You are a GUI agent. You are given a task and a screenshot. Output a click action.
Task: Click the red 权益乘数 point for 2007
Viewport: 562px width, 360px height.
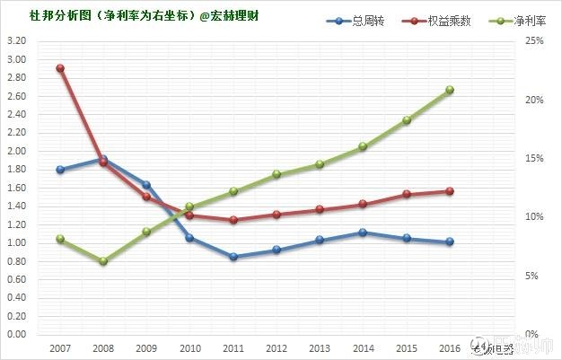click(x=60, y=68)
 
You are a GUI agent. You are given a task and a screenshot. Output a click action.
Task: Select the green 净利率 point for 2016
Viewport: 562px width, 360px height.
click(x=450, y=90)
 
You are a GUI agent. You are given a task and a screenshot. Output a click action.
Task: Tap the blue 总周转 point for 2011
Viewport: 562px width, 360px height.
click(x=233, y=257)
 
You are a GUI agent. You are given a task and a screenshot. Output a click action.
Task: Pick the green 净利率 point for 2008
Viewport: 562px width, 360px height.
click(x=103, y=261)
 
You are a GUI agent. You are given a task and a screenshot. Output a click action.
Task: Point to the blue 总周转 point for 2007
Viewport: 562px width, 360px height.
click(x=60, y=170)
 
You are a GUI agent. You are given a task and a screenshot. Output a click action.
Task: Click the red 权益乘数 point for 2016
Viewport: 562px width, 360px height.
click(x=450, y=191)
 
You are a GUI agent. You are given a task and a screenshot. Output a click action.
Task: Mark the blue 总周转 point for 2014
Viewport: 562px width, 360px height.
click(x=363, y=233)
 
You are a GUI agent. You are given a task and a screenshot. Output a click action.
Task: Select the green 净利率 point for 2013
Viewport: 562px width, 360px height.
click(x=320, y=164)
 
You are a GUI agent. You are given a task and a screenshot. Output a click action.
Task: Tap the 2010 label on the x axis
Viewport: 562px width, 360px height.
click(x=190, y=347)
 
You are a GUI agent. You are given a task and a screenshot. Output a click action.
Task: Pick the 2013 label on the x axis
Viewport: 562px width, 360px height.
click(x=320, y=347)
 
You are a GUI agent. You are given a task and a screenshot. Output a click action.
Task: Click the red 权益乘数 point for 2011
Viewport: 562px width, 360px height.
click(x=233, y=220)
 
